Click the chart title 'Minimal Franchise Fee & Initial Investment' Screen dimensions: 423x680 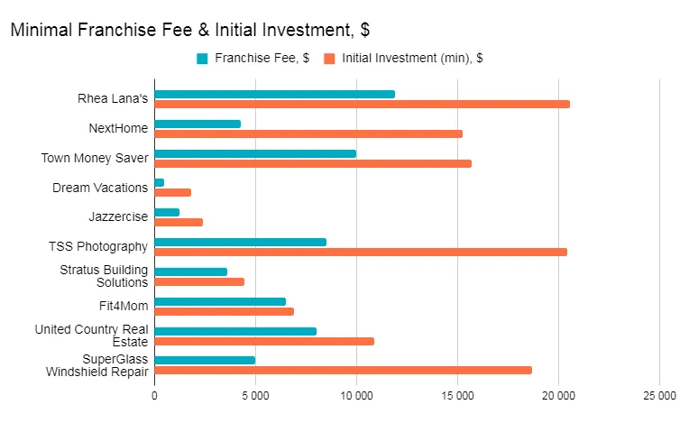click(x=189, y=30)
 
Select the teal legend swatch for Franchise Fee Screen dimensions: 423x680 click(x=202, y=59)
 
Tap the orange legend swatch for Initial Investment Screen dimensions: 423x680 click(x=330, y=59)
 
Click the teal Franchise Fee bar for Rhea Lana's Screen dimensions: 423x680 click(x=274, y=94)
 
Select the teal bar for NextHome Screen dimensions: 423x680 click(x=198, y=124)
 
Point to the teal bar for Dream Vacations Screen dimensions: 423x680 click(x=160, y=182)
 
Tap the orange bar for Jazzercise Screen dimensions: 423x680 click(x=179, y=222)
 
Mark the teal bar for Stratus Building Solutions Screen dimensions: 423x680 click(x=190, y=271)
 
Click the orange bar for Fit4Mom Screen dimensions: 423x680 click(x=224, y=311)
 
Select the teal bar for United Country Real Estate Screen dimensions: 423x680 click(x=235, y=331)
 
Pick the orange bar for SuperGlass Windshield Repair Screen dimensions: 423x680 click(x=343, y=370)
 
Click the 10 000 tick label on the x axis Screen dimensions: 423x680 click(x=356, y=396)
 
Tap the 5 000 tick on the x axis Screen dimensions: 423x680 click(x=255, y=396)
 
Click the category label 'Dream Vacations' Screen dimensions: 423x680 click(x=100, y=188)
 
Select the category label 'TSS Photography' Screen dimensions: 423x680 click(x=98, y=246)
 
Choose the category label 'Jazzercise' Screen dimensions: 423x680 click(x=118, y=216)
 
